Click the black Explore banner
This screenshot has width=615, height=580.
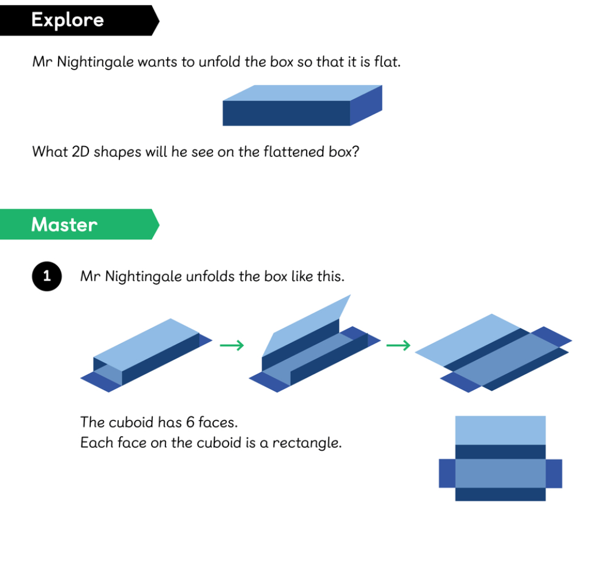[79, 21]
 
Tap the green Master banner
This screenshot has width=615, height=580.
[79, 224]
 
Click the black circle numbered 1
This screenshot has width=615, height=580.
[47, 276]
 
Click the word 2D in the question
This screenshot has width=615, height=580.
[81, 152]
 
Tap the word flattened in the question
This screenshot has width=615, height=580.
[294, 152]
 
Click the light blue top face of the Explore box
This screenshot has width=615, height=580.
[303, 93]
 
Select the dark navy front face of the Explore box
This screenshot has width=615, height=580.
[287, 113]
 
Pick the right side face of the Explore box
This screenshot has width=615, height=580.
[366, 105]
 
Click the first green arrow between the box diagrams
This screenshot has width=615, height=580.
[232, 345]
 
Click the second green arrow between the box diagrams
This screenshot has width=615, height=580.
[399, 345]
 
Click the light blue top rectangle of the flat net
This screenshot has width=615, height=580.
[501, 431]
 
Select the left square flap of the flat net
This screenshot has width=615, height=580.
[447, 474]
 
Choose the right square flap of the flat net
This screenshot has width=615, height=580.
[554, 474]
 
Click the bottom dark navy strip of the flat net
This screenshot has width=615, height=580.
[501, 494]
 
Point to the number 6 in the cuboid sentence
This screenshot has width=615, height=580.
[190, 422]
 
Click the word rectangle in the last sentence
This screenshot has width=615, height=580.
[307, 443]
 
